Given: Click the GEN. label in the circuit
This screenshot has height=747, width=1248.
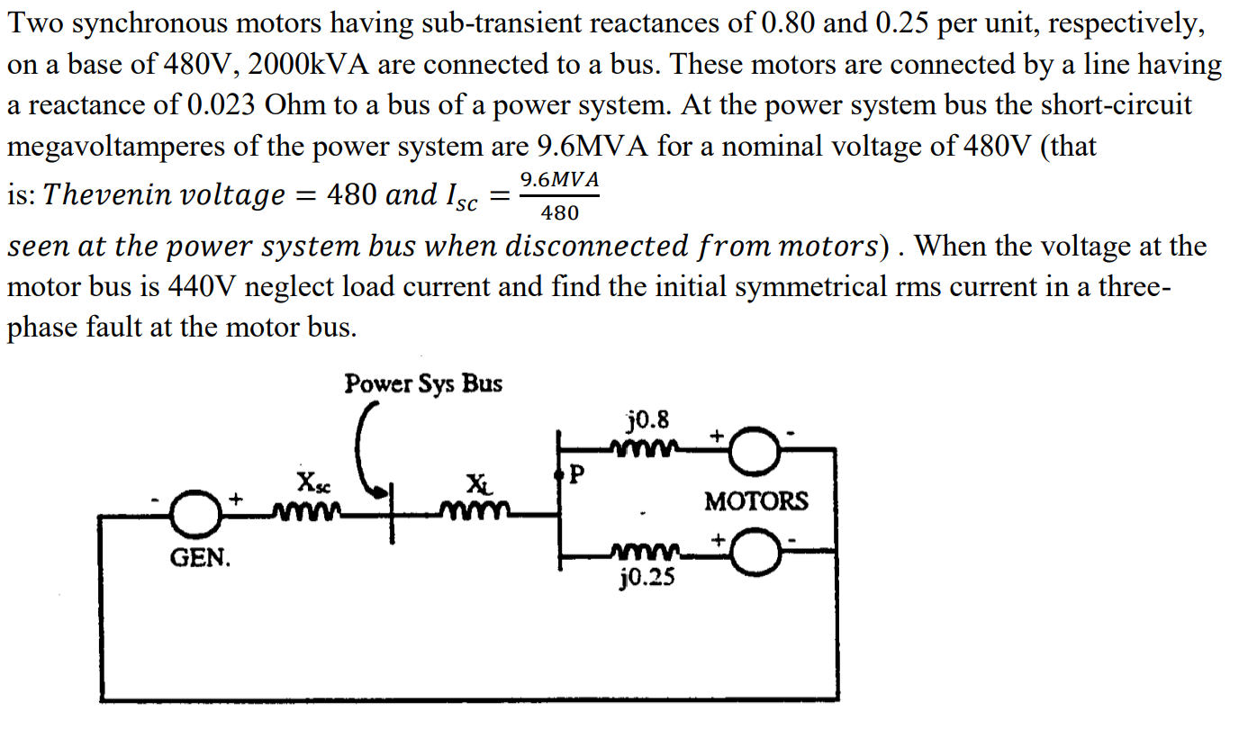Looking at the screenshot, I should coord(200,559).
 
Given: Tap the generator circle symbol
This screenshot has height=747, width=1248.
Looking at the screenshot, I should coord(192,514).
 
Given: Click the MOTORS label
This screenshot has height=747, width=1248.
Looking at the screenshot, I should coord(756,501).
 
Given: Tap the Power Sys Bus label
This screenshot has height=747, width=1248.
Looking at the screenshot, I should coord(423,384).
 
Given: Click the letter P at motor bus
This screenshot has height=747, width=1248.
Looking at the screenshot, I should coord(577,473).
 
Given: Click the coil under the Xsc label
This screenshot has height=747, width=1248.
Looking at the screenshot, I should coord(309,513).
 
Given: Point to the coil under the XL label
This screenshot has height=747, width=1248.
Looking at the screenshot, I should coord(476,513).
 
